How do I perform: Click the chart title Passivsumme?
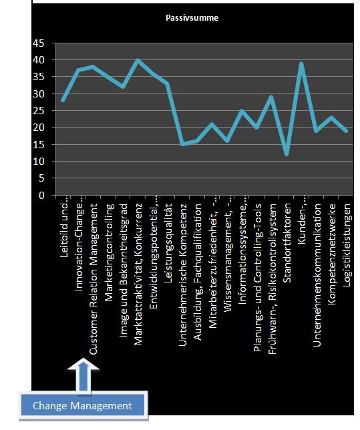[x=192, y=18]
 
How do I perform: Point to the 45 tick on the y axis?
[x=38, y=43]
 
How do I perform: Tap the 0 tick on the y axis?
[x=41, y=195]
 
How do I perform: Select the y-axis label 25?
[x=38, y=111]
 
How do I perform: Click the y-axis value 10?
[x=38, y=162]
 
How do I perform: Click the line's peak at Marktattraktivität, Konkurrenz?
[x=138, y=60]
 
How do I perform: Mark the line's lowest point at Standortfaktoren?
[x=287, y=155]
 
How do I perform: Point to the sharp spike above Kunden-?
[x=301, y=63]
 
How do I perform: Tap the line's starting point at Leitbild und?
[x=63, y=100]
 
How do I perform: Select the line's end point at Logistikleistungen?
[x=346, y=131]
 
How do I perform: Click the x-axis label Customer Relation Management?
[x=94, y=279]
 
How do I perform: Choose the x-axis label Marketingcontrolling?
[x=109, y=252]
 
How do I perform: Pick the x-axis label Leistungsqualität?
[x=168, y=243]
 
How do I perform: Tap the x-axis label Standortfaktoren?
[x=287, y=243]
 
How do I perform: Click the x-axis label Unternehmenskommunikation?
[x=317, y=275]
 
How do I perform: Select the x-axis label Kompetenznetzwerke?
[x=332, y=254]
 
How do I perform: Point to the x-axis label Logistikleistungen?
[x=347, y=245]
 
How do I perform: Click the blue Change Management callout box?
[x=83, y=405]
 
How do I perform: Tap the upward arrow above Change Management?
[x=83, y=376]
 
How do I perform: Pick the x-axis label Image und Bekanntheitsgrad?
[x=124, y=270]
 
